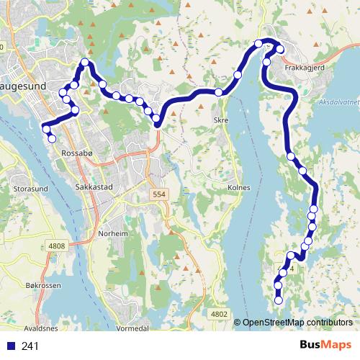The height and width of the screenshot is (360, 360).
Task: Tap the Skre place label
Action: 221,120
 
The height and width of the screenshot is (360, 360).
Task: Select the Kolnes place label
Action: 238,187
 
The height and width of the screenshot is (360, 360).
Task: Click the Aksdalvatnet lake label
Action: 338,103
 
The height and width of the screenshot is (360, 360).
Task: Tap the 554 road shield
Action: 159,195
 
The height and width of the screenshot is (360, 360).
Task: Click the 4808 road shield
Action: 57,246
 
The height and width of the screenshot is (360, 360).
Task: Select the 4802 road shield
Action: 220,314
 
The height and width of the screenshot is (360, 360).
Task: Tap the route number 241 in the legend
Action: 30,346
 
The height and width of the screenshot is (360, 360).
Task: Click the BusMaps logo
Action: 325,345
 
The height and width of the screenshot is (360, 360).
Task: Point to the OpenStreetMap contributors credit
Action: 297,323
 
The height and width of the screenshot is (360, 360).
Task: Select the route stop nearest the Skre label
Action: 218,91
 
